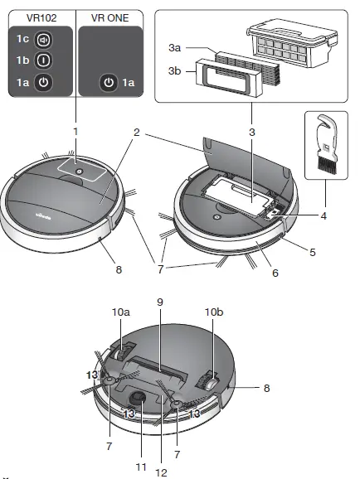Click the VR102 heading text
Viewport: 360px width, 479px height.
tap(41, 15)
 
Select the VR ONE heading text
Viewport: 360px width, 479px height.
tap(109, 15)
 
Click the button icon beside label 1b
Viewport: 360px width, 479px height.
tap(44, 60)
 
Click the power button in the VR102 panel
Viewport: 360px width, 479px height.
tap(44, 82)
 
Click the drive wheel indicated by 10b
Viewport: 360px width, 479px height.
tap(211, 378)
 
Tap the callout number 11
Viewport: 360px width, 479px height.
tap(141, 467)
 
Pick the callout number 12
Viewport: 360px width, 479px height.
tap(160, 473)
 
